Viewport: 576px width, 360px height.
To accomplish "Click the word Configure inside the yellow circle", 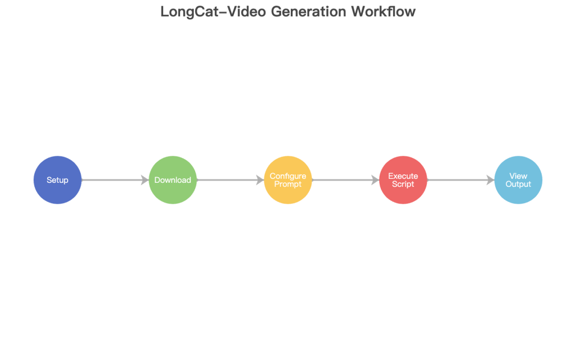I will point(288,176).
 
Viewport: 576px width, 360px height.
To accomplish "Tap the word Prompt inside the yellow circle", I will point(288,184).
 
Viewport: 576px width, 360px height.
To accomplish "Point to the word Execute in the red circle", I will point(403,176).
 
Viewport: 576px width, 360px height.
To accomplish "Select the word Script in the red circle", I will point(403,184).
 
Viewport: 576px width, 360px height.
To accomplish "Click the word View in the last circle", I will point(518,176).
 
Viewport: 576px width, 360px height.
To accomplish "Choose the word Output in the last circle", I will point(518,184).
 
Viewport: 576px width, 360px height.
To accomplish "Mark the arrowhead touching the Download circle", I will point(145,180).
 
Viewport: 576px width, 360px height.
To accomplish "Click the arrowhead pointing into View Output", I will point(490,180).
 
